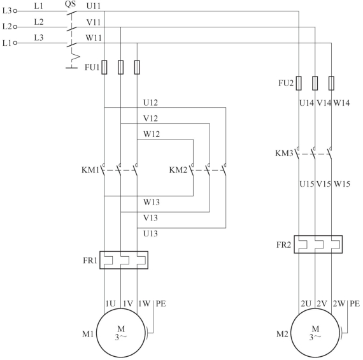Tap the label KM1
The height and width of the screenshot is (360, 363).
(x=90, y=170)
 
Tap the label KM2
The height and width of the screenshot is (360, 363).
(x=178, y=170)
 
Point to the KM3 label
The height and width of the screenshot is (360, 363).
(x=284, y=153)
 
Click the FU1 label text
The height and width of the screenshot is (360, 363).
(x=92, y=68)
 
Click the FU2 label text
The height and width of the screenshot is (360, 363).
(x=286, y=83)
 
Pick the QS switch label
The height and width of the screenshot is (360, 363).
(x=70, y=4)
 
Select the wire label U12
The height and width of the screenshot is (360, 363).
(x=150, y=103)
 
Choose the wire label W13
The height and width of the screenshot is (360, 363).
(x=152, y=202)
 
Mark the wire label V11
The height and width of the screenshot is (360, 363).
(x=94, y=22)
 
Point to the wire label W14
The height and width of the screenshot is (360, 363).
(x=341, y=103)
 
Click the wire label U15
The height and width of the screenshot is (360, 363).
(x=307, y=184)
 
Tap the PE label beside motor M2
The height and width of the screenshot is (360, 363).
(x=355, y=303)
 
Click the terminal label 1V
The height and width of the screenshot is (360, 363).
(x=128, y=303)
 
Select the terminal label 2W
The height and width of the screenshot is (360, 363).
(x=339, y=303)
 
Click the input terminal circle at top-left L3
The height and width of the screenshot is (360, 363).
(x=15, y=11)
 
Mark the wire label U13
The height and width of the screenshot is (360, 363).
(x=150, y=233)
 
